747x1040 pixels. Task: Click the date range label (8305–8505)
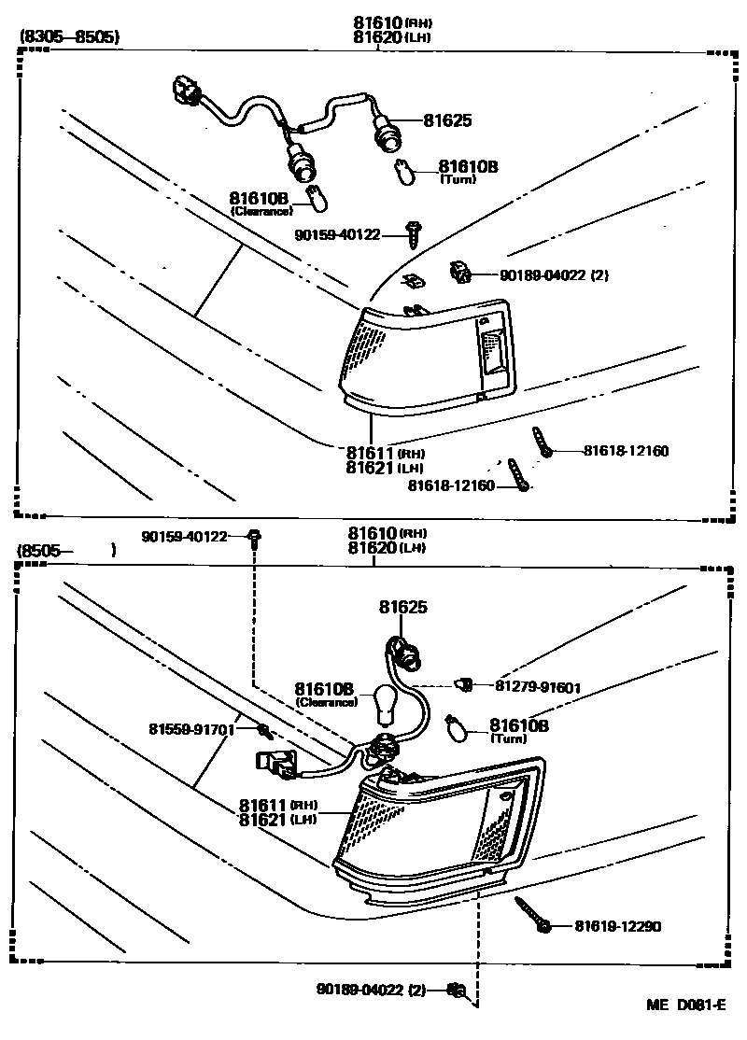click(x=69, y=38)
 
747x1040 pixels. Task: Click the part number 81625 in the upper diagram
click(x=447, y=120)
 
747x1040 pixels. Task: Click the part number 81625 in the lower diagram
click(x=402, y=608)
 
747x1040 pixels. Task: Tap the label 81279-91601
click(x=538, y=688)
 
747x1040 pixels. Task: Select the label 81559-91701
click(x=190, y=728)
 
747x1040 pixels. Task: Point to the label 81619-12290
click(x=617, y=926)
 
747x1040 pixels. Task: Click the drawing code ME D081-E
click(x=686, y=1005)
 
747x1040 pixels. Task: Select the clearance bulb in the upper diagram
click(x=316, y=197)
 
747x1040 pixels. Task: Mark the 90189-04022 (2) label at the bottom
click(x=371, y=990)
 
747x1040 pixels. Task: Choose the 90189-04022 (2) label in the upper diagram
click(x=554, y=275)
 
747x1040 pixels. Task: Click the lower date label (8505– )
click(x=65, y=551)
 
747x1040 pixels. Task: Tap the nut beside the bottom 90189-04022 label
click(x=456, y=990)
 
